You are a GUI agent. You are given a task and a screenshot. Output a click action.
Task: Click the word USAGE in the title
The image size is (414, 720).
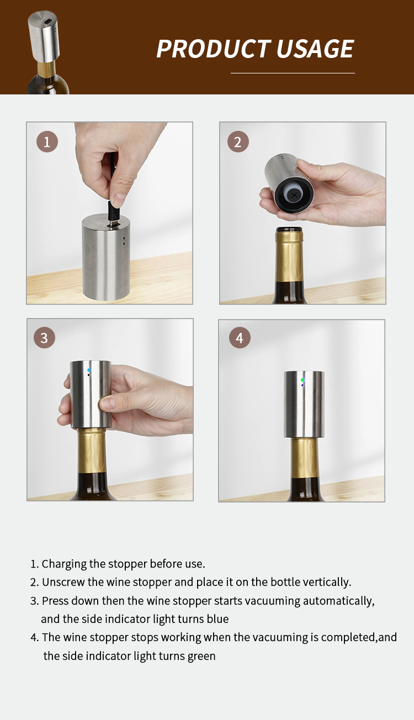tap(315, 49)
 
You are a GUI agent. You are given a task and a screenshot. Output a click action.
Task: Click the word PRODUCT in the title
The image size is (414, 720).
tap(214, 49)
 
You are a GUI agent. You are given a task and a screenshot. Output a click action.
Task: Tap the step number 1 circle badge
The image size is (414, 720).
tap(47, 142)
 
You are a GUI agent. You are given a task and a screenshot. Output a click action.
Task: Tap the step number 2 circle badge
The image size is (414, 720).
tap(238, 142)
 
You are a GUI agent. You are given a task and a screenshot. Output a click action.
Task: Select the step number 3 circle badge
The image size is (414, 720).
tap(44, 337)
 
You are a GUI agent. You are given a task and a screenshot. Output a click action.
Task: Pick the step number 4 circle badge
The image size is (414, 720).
tap(240, 338)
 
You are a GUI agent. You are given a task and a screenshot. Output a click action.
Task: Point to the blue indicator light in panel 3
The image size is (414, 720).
tap(89, 370)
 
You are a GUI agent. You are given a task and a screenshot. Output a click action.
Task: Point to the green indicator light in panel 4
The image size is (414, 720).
tap(302, 380)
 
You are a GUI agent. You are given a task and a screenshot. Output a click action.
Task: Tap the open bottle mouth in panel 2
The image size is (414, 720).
tap(289, 230)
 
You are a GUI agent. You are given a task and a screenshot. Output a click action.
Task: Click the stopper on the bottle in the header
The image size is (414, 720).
tap(44, 37)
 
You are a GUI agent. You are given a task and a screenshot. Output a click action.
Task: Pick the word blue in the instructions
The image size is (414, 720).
tap(217, 619)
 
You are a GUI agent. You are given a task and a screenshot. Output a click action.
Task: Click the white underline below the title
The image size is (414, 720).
tap(293, 73)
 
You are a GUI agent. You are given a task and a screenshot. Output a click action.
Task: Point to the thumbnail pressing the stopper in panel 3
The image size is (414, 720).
tap(107, 403)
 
